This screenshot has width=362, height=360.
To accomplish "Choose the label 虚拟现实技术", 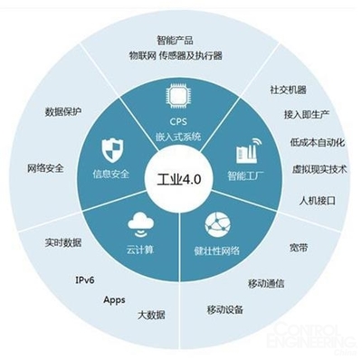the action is pos(319,169).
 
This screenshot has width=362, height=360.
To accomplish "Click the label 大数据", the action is pos(151,315).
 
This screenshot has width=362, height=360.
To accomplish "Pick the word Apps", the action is pos(114,299).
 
